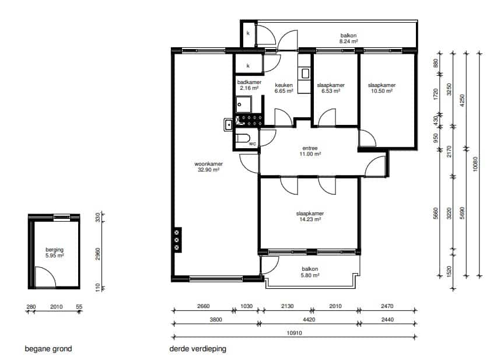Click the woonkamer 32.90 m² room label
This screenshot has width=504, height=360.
click(x=208, y=167)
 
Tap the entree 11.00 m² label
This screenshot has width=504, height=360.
click(x=310, y=151)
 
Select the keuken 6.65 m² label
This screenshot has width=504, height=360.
click(x=284, y=88)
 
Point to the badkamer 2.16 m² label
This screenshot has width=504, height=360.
click(x=249, y=85)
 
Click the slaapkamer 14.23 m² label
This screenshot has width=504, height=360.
click(x=310, y=216)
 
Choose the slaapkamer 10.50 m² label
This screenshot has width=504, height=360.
click(x=381, y=88)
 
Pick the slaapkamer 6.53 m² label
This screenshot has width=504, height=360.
click(x=331, y=88)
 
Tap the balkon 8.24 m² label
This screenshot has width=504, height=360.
click(x=348, y=39)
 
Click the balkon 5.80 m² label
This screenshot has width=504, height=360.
click(x=310, y=272)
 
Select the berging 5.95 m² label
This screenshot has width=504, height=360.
click(x=54, y=252)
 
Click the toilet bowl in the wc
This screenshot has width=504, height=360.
click(x=243, y=138)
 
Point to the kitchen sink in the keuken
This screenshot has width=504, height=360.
click(x=304, y=74)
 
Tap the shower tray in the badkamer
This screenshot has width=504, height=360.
click(x=244, y=104)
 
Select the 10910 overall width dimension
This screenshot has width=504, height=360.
click(x=294, y=333)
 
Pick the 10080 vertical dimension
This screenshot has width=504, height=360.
click(x=476, y=163)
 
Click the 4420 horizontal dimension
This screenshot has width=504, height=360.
click(x=309, y=320)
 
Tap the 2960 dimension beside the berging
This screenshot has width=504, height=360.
click(x=98, y=254)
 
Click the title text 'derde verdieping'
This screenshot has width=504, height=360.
click(x=198, y=349)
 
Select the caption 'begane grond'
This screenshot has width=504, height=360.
click(x=48, y=349)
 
